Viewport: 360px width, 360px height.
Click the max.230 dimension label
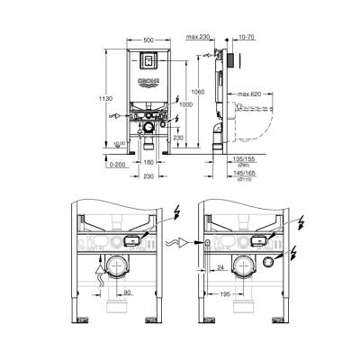[200, 38]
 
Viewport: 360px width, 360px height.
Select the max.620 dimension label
[250, 93]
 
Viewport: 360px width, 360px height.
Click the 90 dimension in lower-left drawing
[129, 292]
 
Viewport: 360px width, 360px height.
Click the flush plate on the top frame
[148, 65]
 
